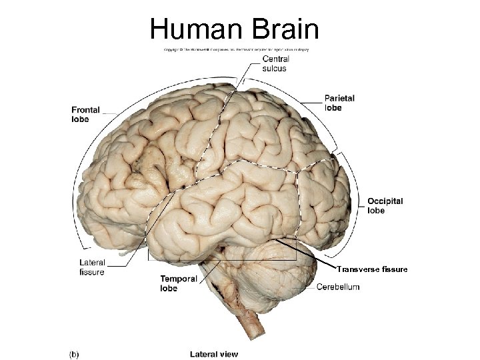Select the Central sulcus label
(270, 63)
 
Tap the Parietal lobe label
(339, 103)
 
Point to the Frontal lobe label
(85, 115)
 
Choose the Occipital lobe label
(385, 205)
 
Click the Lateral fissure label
(91, 267)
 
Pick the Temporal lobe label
(179, 283)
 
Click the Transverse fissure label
(371, 269)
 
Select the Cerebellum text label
(338, 287)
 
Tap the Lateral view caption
(213, 353)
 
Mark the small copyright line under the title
(236, 49)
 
